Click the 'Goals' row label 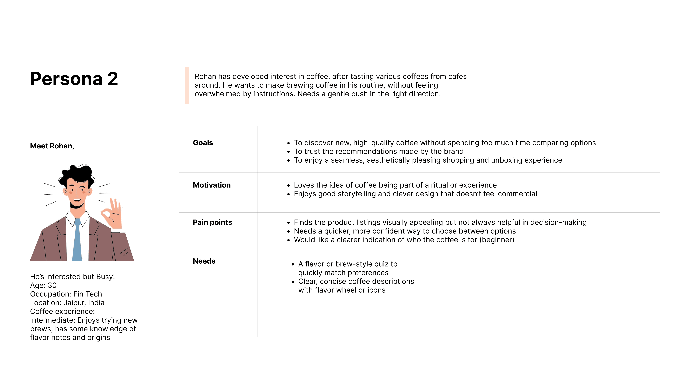pyautogui.click(x=203, y=143)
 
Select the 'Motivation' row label pyautogui.click(x=212, y=185)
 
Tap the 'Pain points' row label pyautogui.click(x=212, y=222)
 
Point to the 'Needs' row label pyautogui.click(x=204, y=261)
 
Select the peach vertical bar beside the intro pyautogui.click(x=187, y=86)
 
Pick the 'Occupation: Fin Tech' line pyautogui.click(x=66, y=294)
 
